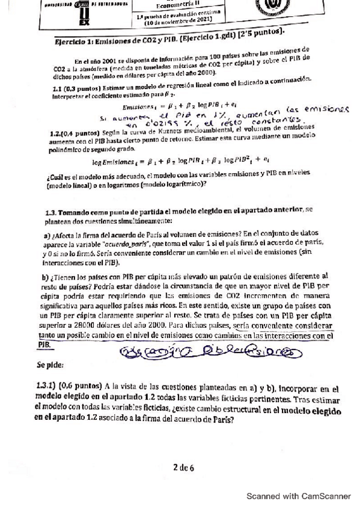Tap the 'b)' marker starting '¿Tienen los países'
(49, 277)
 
